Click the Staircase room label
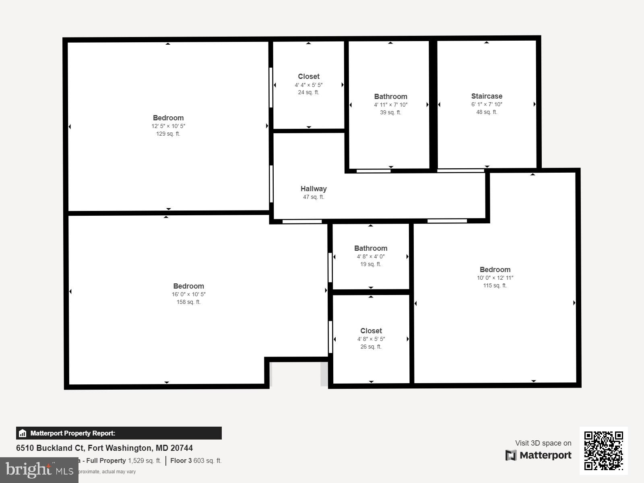click(487, 96)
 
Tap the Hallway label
click(314, 189)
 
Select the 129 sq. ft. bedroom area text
click(168, 134)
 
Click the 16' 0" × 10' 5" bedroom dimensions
click(188, 294)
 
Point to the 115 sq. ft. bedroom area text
click(495, 285)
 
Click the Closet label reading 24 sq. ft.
click(309, 76)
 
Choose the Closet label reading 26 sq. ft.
click(371, 331)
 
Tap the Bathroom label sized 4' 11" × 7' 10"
click(390, 97)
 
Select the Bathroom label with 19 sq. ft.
click(371, 248)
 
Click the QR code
click(603, 450)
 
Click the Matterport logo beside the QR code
click(539, 455)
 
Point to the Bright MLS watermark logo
click(39, 470)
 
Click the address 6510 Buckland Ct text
click(104, 448)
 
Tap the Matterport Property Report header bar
click(119, 433)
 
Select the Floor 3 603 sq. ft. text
click(196, 460)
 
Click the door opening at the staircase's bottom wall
click(461, 171)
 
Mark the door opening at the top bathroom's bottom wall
click(374, 171)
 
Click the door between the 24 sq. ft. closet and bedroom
click(271, 87)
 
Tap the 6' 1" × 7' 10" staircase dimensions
click(487, 104)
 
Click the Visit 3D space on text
click(543, 443)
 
